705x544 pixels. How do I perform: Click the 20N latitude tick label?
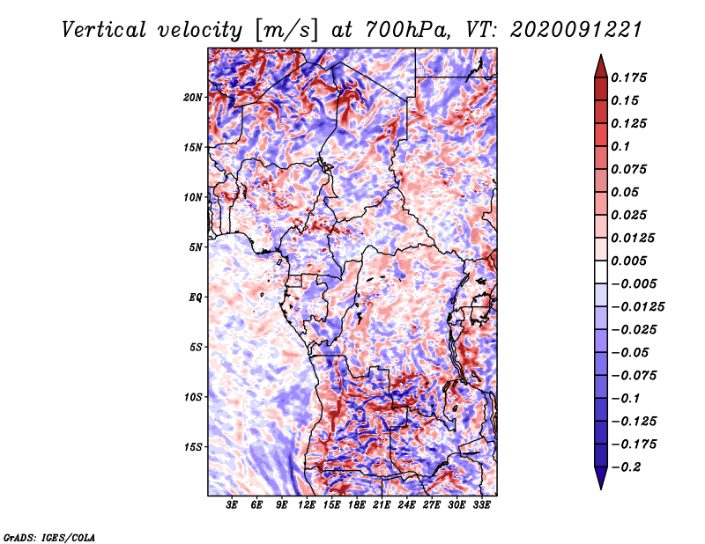click(x=193, y=97)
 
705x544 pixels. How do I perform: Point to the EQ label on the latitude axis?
click(x=196, y=297)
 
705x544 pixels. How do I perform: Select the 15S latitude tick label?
click(x=193, y=446)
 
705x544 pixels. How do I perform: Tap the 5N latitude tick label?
click(x=196, y=246)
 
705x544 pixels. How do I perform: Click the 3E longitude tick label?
click(x=233, y=506)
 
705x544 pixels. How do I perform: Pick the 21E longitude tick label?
click(x=382, y=506)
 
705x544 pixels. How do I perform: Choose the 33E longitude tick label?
click(x=481, y=506)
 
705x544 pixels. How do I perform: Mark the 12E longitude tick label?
click(x=308, y=506)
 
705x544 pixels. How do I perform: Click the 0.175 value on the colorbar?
click(x=630, y=77)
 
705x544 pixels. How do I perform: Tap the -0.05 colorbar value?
click(x=629, y=352)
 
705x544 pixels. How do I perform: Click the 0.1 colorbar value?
click(x=621, y=146)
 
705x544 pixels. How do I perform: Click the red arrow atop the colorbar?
click(x=600, y=62)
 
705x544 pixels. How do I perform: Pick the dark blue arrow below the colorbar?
click(x=600, y=479)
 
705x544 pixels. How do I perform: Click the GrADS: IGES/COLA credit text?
click(x=49, y=536)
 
